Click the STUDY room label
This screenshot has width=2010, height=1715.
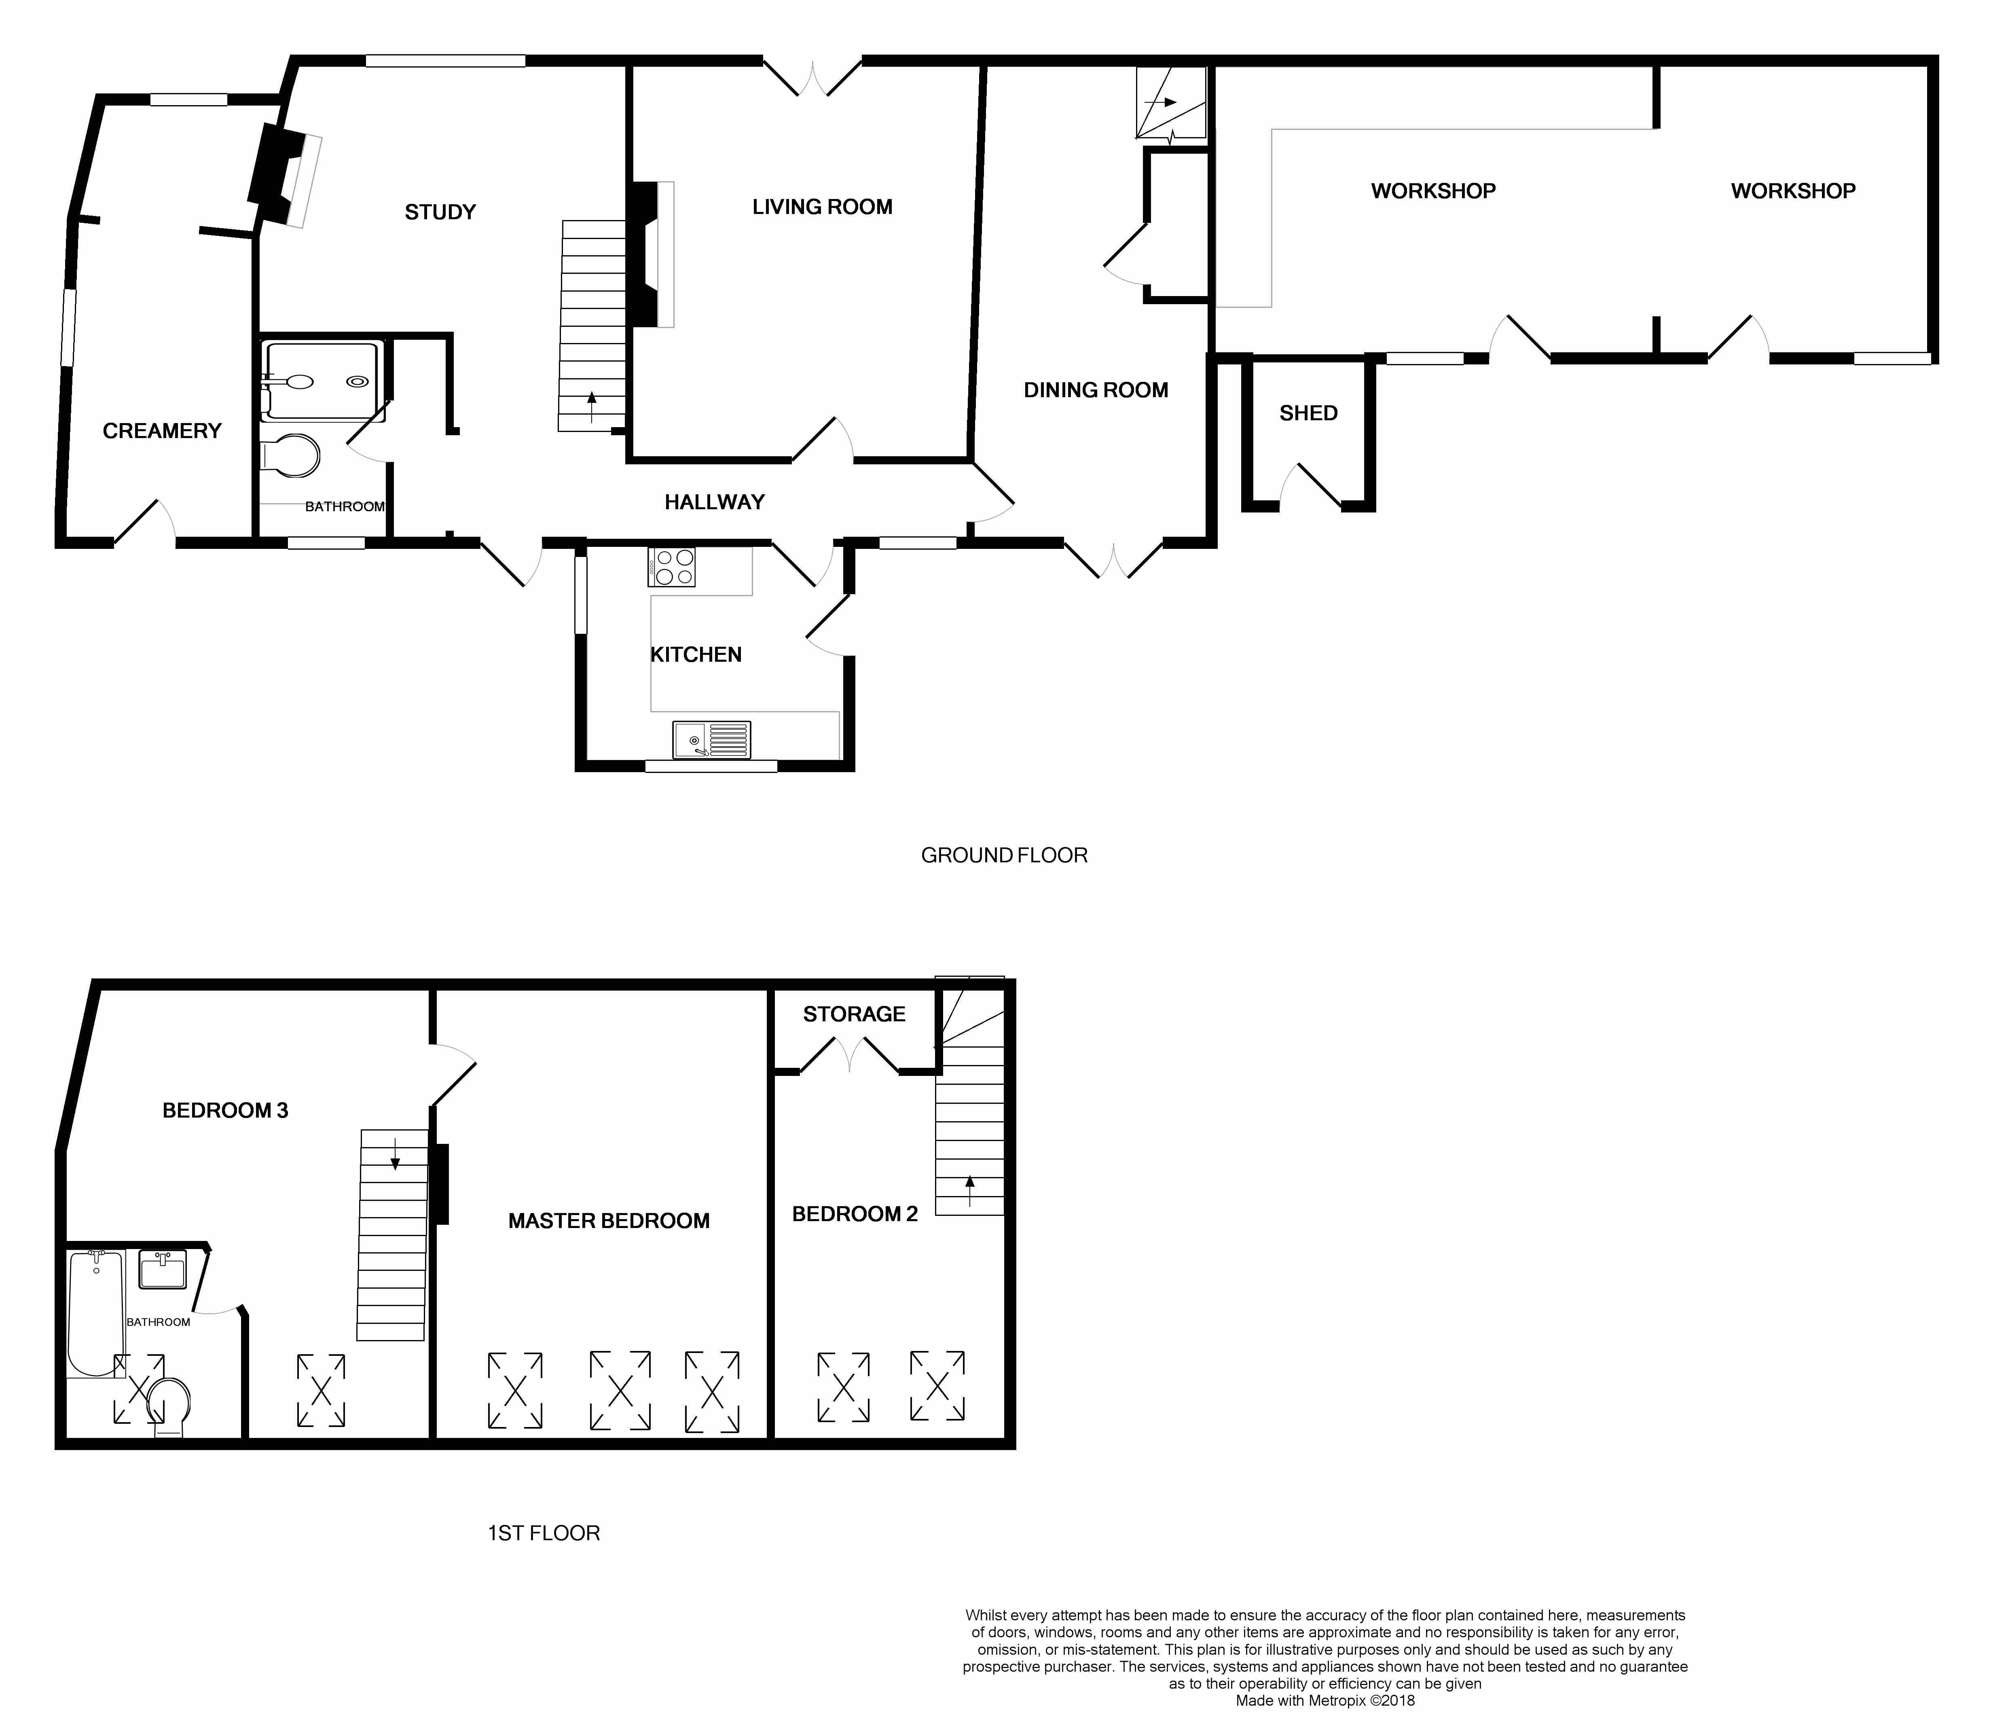[440, 212]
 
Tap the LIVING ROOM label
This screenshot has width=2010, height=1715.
[823, 207]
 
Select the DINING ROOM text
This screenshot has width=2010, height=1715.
[1096, 390]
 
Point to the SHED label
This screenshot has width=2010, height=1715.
[1309, 413]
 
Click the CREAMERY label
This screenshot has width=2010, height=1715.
[162, 431]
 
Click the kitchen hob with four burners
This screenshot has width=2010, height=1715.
[671, 567]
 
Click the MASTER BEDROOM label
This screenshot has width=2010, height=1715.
[609, 1221]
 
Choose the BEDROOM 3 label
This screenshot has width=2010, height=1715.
[225, 1111]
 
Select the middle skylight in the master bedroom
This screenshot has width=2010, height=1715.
[620, 1390]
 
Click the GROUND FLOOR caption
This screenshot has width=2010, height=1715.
[1004, 855]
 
